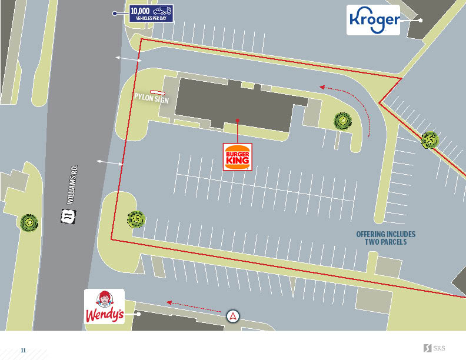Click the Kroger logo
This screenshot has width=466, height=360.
(373, 20)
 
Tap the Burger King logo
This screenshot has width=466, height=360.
(237, 157)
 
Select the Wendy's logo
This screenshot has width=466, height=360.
(104, 307)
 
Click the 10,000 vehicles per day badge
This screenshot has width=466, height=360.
(151, 13)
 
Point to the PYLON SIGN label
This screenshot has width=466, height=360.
(151, 99)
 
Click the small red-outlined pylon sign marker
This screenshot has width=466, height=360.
(157, 92)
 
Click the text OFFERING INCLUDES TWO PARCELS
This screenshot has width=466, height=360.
(381, 238)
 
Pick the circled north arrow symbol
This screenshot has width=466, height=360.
(234, 316)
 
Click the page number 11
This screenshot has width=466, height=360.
(24, 350)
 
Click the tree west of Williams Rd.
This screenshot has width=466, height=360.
(29, 222)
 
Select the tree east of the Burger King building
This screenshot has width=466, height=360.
(342, 121)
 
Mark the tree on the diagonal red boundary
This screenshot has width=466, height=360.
(430, 140)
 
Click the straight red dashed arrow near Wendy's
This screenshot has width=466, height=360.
(194, 305)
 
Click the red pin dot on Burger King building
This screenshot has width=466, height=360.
(237, 121)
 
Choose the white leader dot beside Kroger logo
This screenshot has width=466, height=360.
(421, 20)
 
